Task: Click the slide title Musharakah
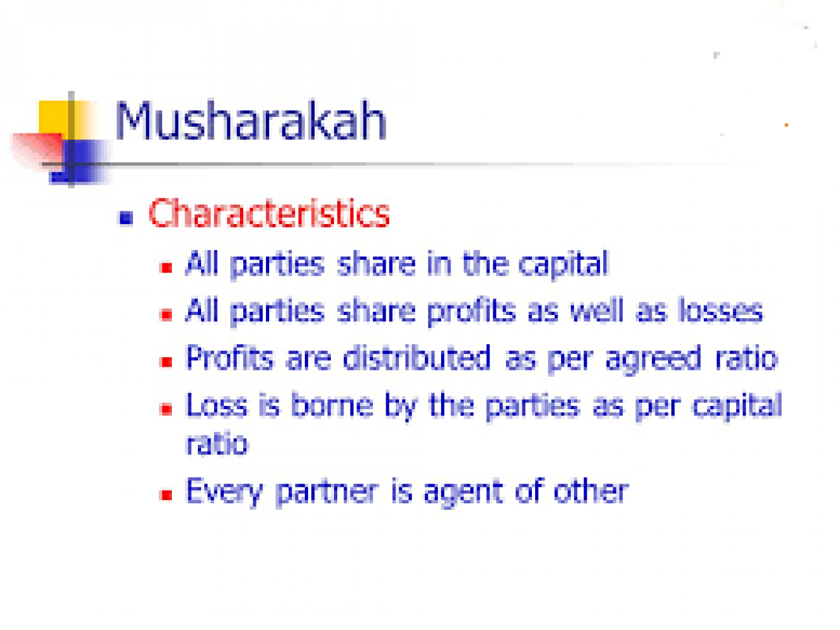click(x=251, y=120)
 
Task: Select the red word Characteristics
click(x=269, y=213)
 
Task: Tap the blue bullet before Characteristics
click(x=126, y=218)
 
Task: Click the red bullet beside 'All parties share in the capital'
click(x=166, y=267)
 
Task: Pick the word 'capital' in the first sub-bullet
click(x=563, y=265)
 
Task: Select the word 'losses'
click(x=720, y=311)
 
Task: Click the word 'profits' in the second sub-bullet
click(x=471, y=312)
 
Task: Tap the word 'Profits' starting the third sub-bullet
click(x=229, y=357)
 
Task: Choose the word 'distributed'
click(x=416, y=357)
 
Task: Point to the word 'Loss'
click(x=216, y=405)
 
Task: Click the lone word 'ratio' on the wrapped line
click(x=217, y=444)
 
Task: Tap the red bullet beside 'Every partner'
click(x=166, y=495)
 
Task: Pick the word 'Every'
click(x=224, y=493)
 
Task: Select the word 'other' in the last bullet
click(x=591, y=491)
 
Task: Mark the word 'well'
click(x=597, y=310)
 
